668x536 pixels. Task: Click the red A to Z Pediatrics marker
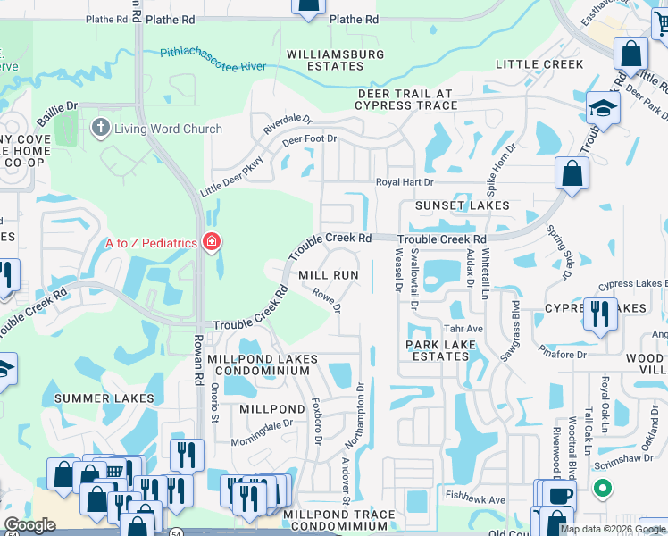[212, 242]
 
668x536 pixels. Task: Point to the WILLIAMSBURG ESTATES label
[336, 60]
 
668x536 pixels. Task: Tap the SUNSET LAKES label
[463, 205]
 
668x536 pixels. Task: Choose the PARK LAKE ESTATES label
[438, 350]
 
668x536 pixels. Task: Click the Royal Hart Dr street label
[404, 182]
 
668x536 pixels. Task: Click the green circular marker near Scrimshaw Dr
[604, 489]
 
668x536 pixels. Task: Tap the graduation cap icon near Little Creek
[603, 109]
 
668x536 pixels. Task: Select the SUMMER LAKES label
[104, 398]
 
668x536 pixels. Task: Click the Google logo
[29, 525]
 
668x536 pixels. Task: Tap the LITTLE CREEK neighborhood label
[539, 64]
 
